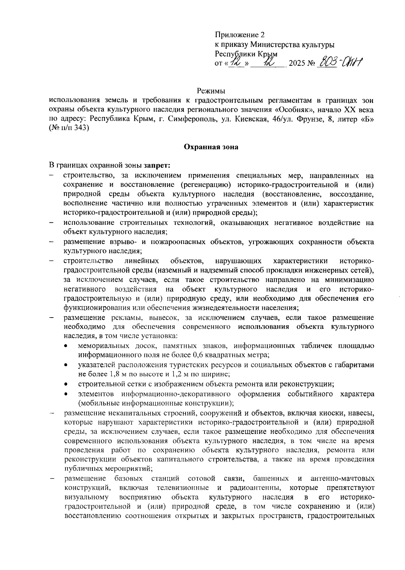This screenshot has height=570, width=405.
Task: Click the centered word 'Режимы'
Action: point(211,91)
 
